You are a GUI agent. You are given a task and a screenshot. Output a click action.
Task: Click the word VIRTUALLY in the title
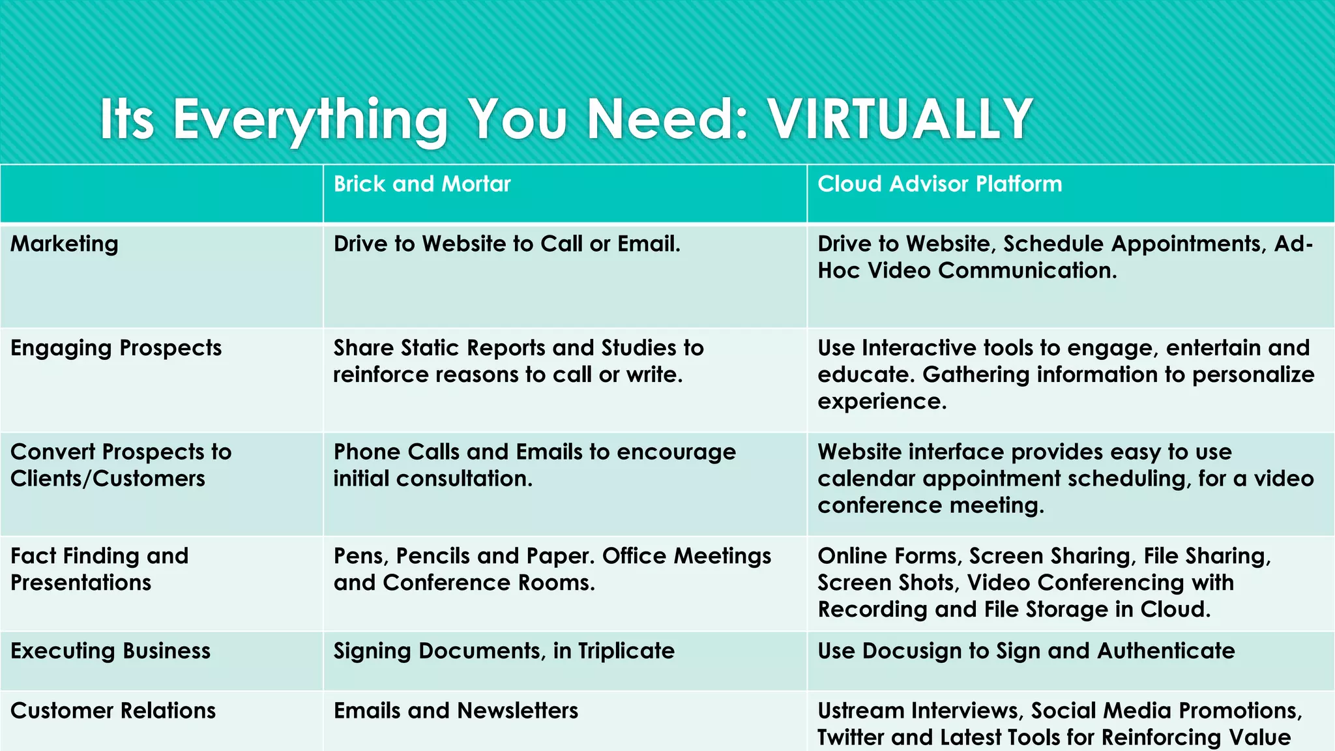coord(900,119)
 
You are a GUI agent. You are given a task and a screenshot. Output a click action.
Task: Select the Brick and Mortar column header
coord(422,184)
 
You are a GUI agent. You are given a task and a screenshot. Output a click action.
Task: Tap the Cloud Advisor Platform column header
coord(939,184)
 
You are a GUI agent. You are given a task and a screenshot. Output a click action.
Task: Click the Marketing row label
coord(65,244)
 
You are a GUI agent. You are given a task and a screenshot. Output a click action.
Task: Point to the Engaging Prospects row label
coord(116,348)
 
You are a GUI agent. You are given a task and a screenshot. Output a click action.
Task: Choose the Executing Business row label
coord(110,651)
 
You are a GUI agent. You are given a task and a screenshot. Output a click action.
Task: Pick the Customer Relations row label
coord(113,711)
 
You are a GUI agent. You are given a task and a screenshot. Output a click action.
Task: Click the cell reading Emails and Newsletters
coord(456,711)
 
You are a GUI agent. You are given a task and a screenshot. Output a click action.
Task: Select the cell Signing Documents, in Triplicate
coord(504,651)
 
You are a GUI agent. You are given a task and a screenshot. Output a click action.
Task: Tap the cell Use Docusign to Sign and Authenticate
coord(1026,651)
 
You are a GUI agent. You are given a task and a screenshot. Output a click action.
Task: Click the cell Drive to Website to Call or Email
coord(506,244)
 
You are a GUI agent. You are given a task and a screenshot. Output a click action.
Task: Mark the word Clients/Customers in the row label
coord(108,479)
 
